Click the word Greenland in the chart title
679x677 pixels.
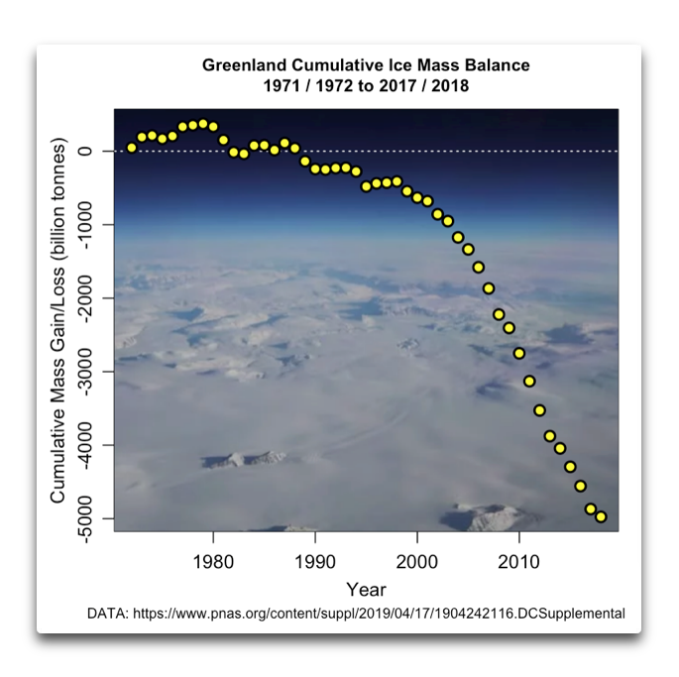241,65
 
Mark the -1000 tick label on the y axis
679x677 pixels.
86,225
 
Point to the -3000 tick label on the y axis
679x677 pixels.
86,371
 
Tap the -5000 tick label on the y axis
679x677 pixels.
86,517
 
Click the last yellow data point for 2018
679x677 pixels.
601,516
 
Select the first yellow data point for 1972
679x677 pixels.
131,148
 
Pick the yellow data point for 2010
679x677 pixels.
518,353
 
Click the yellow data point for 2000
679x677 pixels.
416,197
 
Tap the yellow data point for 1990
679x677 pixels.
315,169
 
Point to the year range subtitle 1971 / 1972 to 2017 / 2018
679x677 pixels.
366,86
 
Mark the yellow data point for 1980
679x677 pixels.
213,127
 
